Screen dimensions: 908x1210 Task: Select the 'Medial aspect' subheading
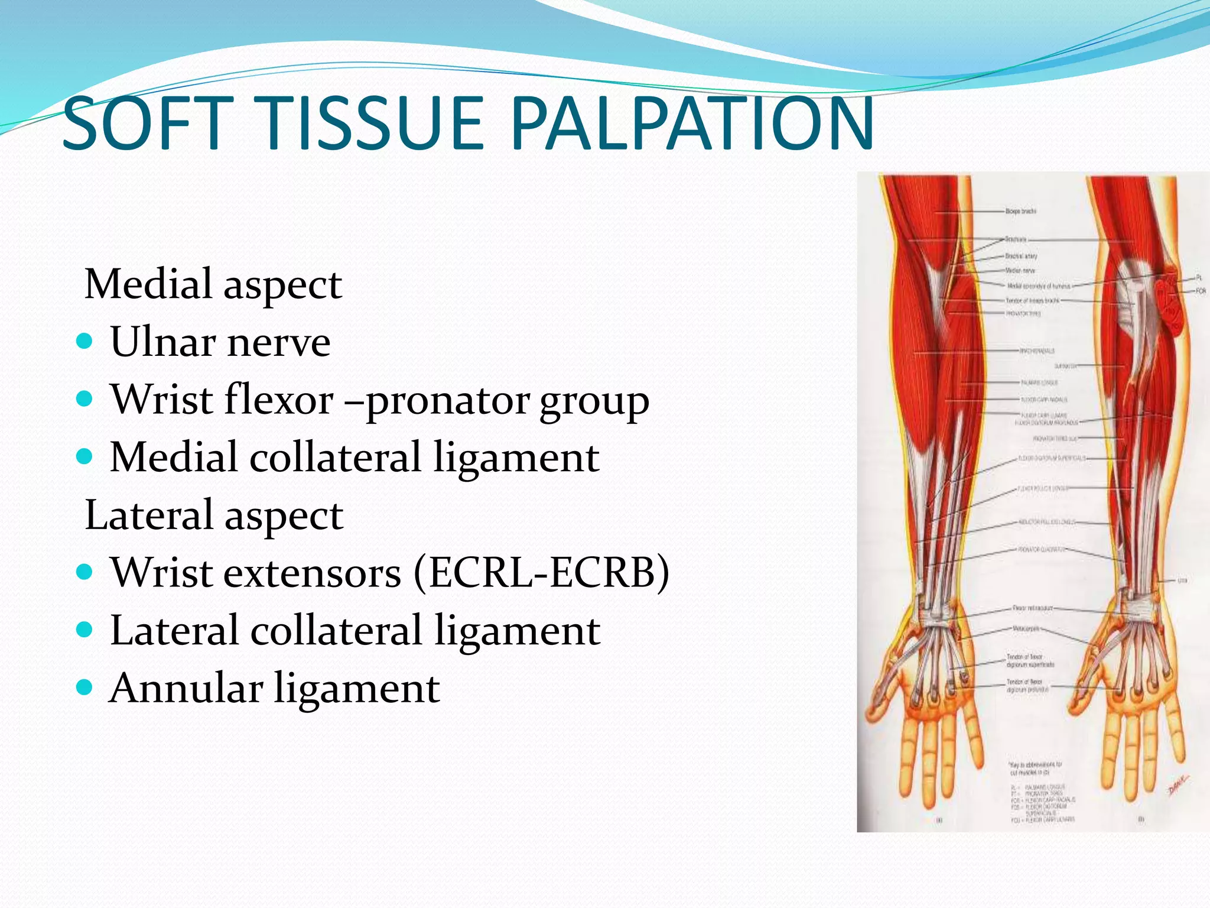(x=213, y=284)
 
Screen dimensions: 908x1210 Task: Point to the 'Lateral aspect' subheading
(x=214, y=515)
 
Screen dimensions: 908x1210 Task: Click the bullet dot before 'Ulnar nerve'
(x=85, y=342)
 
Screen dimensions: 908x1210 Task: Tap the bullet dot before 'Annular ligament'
(x=85, y=688)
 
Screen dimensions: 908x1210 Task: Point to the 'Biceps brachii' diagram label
(x=1021, y=211)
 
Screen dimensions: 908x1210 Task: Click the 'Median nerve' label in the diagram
(x=1020, y=271)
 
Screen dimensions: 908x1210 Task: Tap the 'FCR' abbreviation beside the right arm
(x=1201, y=291)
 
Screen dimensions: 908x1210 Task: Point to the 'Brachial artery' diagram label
(x=1021, y=256)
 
